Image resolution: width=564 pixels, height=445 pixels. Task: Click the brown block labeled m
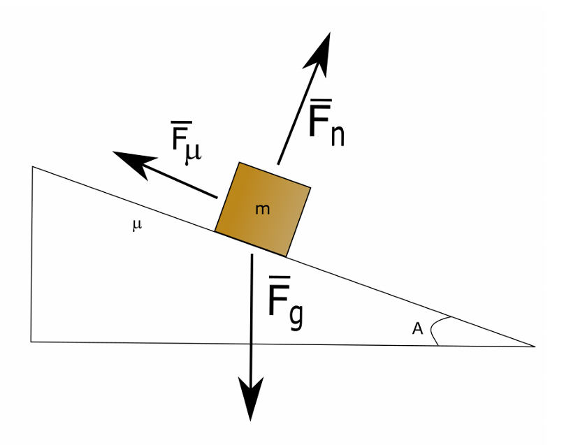pyautogui.click(x=263, y=209)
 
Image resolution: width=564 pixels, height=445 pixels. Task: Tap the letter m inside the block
pyautogui.click(x=262, y=209)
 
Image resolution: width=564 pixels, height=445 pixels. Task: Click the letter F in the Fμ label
pyautogui.click(x=180, y=140)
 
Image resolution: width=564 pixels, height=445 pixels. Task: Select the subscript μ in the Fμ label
pyautogui.click(x=194, y=152)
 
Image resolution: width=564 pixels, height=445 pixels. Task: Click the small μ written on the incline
pyautogui.click(x=137, y=225)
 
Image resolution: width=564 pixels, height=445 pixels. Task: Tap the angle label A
pyautogui.click(x=418, y=328)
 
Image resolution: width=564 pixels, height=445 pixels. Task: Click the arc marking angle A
pyautogui.click(x=433, y=331)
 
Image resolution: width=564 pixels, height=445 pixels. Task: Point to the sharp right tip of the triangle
pyautogui.click(x=535, y=346)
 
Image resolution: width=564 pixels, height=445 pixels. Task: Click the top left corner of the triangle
pyautogui.click(x=32, y=167)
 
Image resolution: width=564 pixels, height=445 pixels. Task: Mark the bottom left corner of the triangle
pyautogui.click(x=31, y=342)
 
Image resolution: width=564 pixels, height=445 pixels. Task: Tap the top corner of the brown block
pyautogui.click(x=240, y=163)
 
